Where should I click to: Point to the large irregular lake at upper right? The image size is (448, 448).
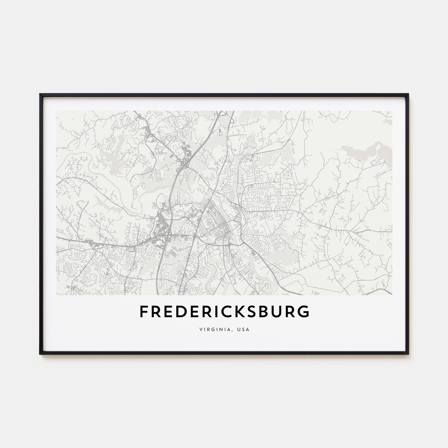tap(368, 150)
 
